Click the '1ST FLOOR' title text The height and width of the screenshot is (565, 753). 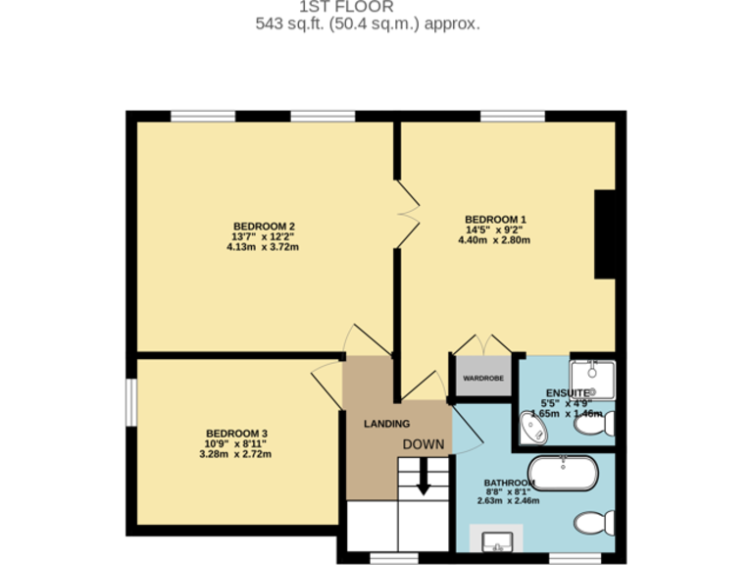tap(367, 7)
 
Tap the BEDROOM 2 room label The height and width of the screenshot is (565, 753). tap(264, 226)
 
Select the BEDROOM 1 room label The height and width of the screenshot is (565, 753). tap(495, 219)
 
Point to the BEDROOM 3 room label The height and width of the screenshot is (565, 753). tap(236, 434)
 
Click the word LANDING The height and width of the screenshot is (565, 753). tap(386, 425)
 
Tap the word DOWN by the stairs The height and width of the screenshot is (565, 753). tap(423, 444)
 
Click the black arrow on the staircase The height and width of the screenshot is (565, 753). tap(423, 482)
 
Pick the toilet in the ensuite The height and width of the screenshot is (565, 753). tap(609, 424)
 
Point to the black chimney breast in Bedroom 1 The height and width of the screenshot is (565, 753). tap(605, 234)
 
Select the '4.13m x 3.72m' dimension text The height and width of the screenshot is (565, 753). tap(262, 247)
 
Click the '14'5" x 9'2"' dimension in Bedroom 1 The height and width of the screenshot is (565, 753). tap(495, 230)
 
